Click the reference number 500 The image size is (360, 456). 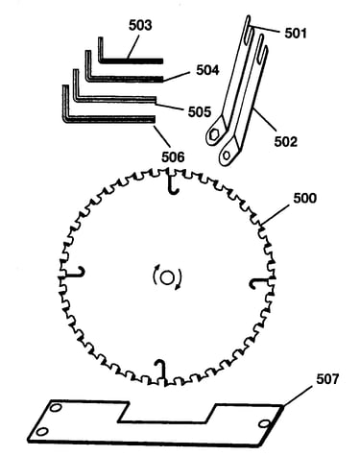pyautogui.click(x=305, y=199)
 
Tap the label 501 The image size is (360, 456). pyautogui.click(x=296, y=34)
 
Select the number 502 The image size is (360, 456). pyautogui.click(x=285, y=141)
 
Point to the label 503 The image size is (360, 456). pyautogui.click(x=140, y=25)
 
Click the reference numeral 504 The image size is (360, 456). pyautogui.click(x=207, y=70)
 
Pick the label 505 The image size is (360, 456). pyautogui.click(x=200, y=111)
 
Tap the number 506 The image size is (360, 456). pyautogui.click(x=173, y=157)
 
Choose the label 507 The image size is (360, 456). pyautogui.click(x=327, y=379)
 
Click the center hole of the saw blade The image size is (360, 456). pyautogui.click(x=166, y=277)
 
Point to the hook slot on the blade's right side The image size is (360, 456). pyautogui.click(x=261, y=283)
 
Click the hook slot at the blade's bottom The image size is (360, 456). pyautogui.click(x=161, y=372)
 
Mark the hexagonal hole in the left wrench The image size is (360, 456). pyautogui.click(x=214, y=135)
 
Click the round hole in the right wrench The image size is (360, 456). pyautogui.click(x=227, y=156)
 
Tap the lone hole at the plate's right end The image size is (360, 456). pyautogui.click(x=264, y=424)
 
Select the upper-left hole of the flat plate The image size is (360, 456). pyautogui.click(x=56, y=408)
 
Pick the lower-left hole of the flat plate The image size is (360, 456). pyautogui.click(x=42, y=432)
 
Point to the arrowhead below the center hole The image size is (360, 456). pyautogui.click(x=177, y=287)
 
